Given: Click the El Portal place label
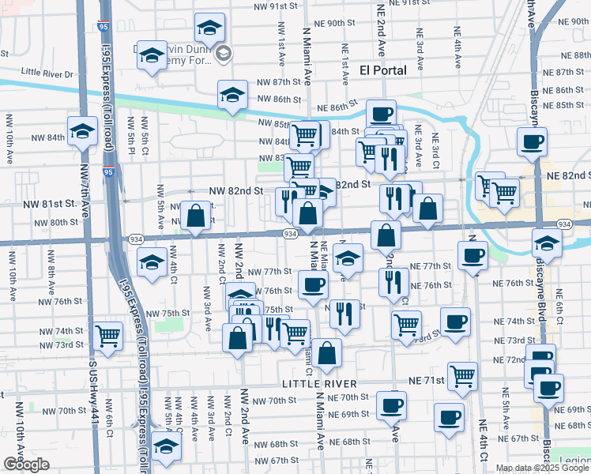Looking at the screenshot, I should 382,70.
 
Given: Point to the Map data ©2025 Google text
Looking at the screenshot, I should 543,468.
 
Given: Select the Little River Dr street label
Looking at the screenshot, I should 47,73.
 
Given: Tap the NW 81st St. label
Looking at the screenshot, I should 55,203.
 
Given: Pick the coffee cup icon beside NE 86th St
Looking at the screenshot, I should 380,112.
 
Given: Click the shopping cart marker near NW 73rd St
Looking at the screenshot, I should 108,334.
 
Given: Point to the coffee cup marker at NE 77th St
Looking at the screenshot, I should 472,254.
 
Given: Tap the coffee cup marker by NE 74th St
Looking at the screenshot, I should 455,322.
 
